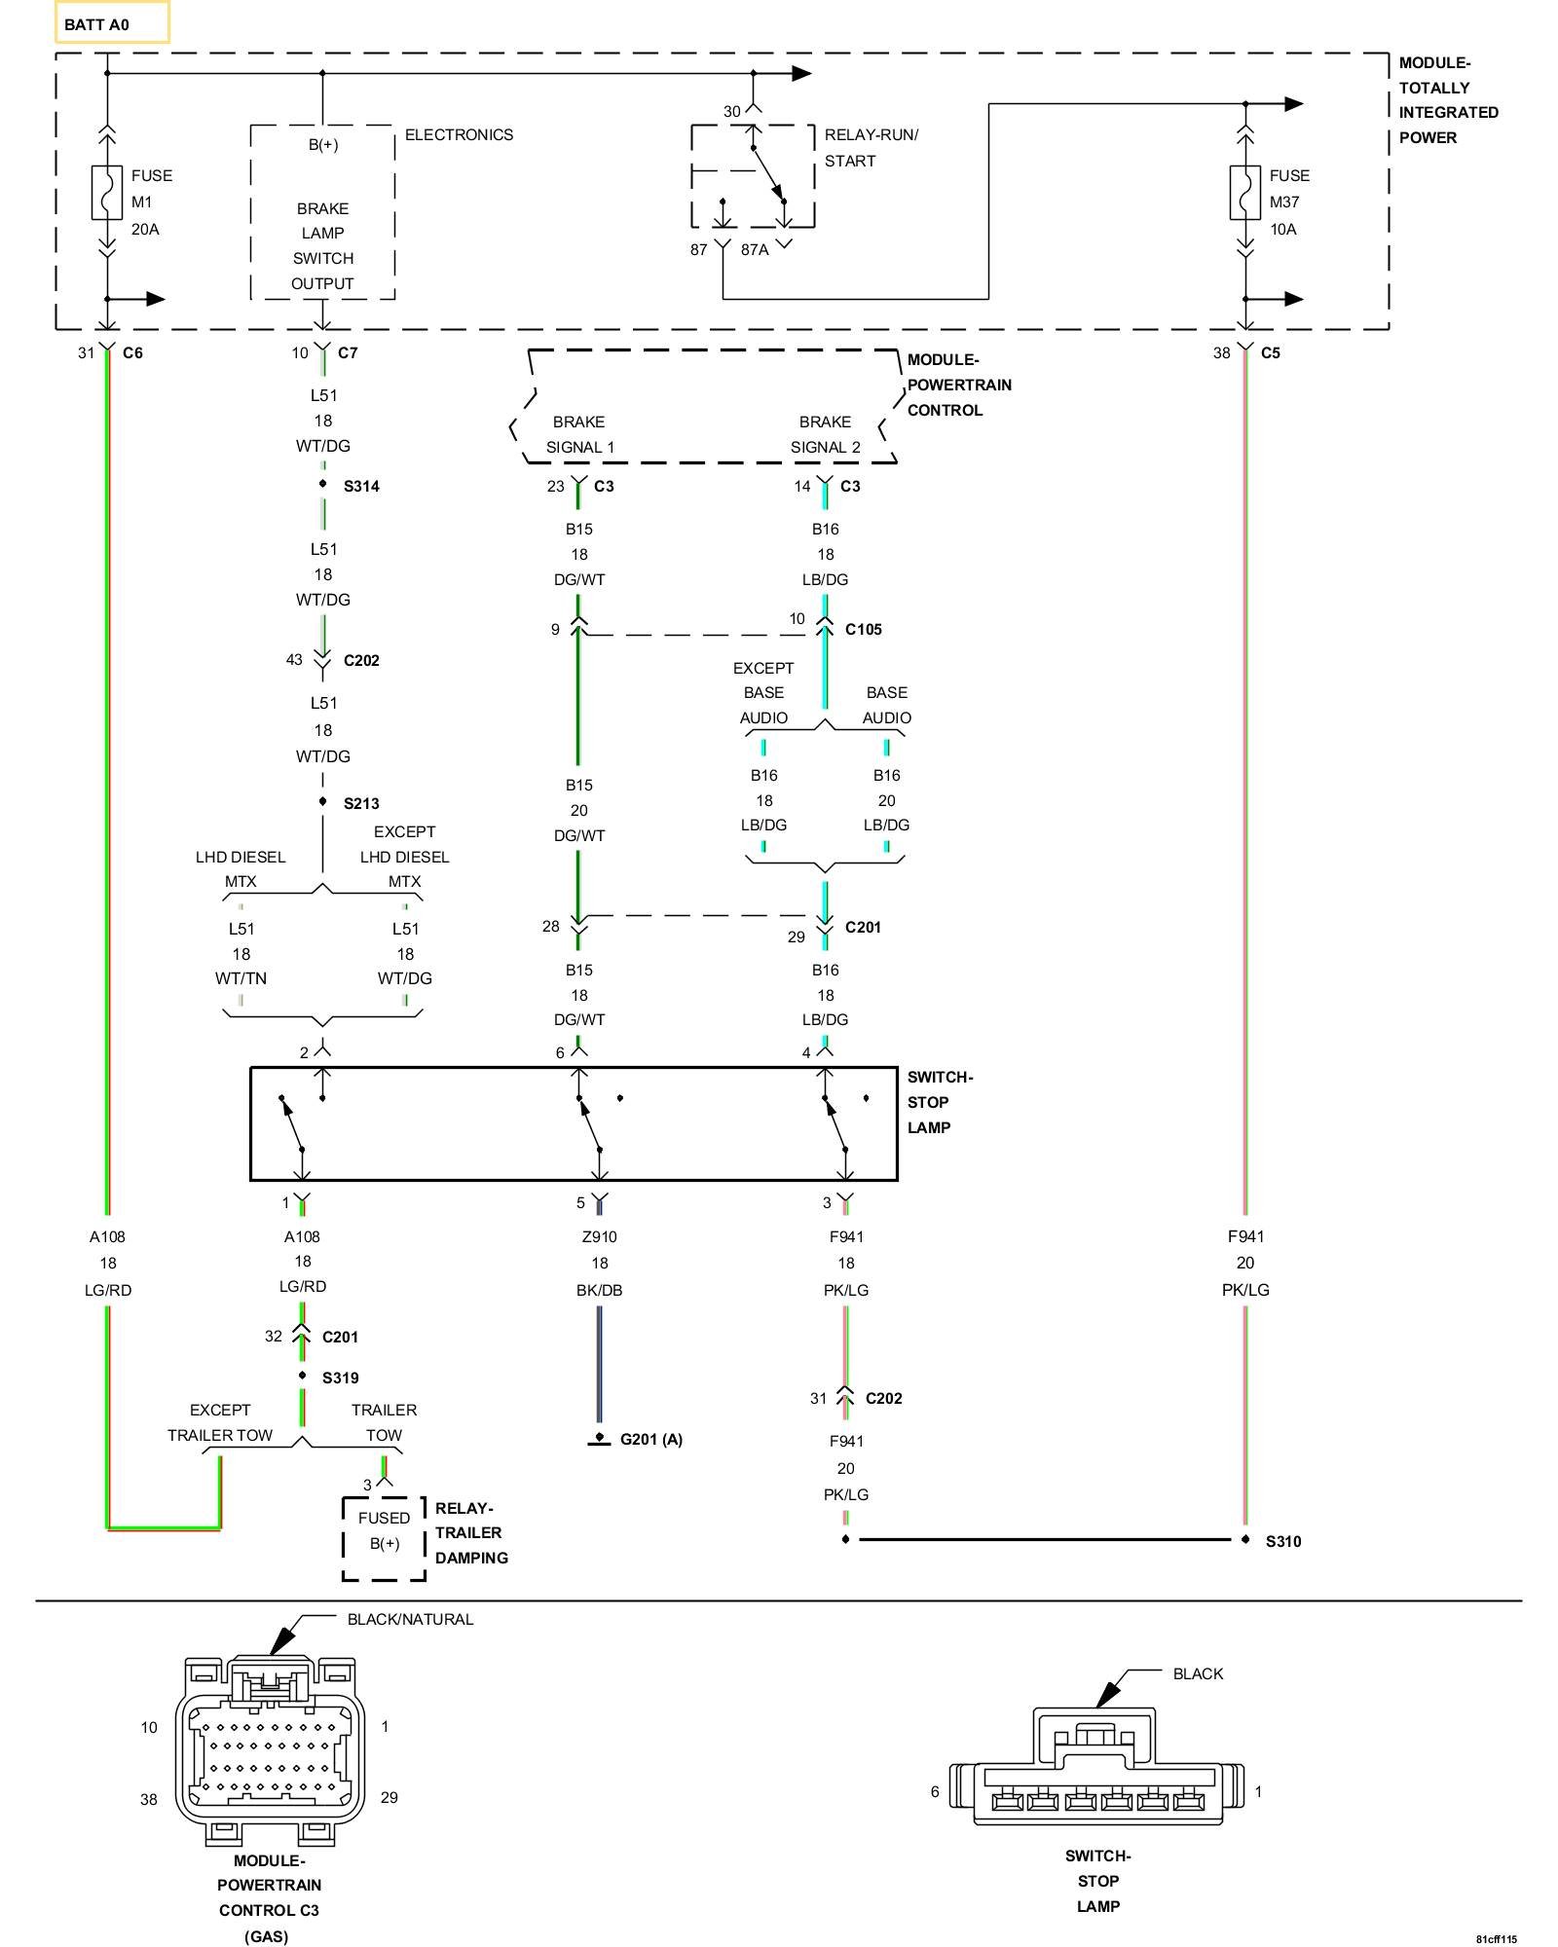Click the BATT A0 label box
click(111, 22)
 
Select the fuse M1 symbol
click(107, 193)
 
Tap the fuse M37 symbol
click(1244, 193)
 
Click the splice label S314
click(361, 487)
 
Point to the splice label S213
click(361, 804)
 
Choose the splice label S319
click(341, 1378)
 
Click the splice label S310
click(1283, 1542)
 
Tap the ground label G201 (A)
click(651, 1440)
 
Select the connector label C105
click(864, 630)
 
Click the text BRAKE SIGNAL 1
click(579, 435)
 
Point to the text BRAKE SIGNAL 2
click(826, 435)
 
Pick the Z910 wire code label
click(600, 1237)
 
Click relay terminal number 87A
click(755, 250)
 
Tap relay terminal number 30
click(732, 112)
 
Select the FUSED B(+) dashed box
click(384, 1539)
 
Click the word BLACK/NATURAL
click(410, 1620)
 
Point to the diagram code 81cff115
click(1496, 1939)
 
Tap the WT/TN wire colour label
click(241, 979)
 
